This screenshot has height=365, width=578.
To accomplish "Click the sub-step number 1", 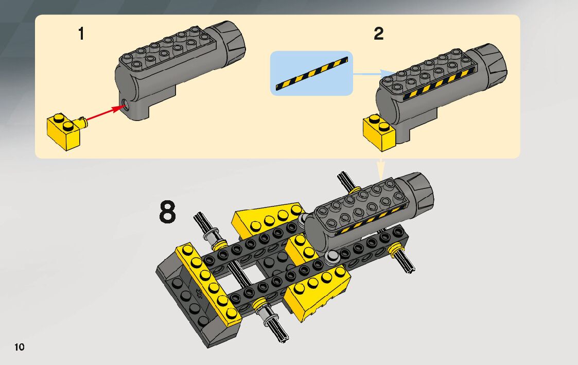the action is pos(81,33).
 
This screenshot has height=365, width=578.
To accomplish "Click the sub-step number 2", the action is pos(379,33).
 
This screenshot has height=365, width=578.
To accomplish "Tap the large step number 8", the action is pos(167,212).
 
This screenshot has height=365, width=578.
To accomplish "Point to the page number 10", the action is pos(20,347).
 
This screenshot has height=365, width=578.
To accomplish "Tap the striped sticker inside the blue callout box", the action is pos(311,74).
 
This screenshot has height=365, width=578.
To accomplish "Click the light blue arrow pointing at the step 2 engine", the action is pos(374,74).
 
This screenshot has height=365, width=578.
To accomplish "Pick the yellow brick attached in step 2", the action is pos(379,133).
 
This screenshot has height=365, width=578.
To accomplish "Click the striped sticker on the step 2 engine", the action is pos(439,83).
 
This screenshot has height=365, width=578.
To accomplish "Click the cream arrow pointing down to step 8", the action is pos(381,169).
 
